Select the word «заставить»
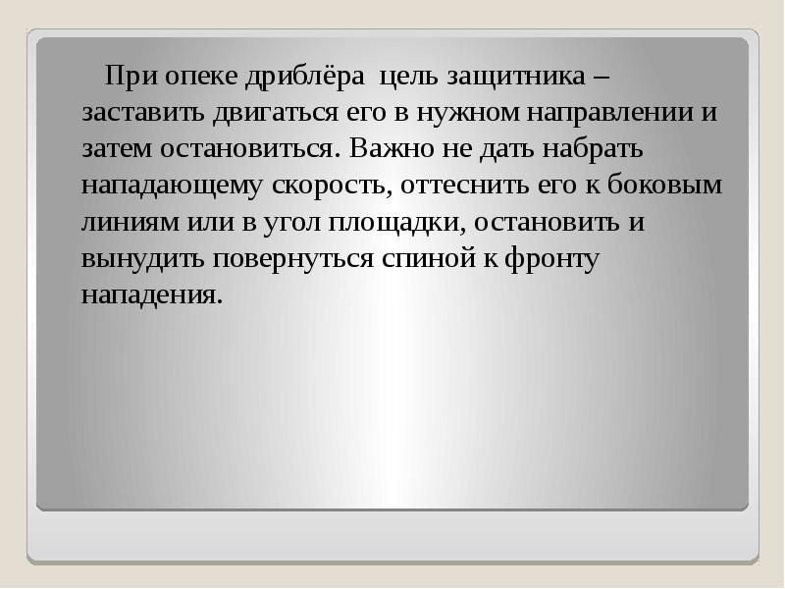141,113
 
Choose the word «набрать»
590,148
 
